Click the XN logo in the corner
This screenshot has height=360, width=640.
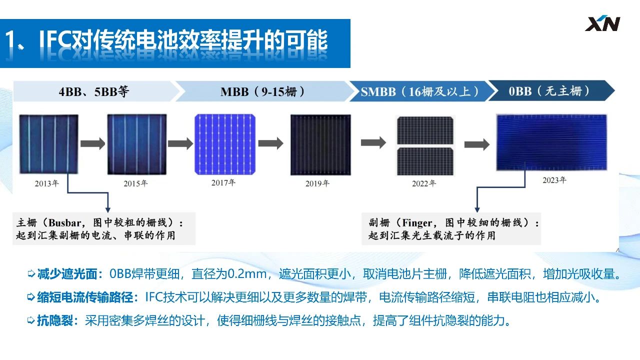point(602,23)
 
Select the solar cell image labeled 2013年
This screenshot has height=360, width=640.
point(48,144)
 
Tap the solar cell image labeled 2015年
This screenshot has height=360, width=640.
point(137,144)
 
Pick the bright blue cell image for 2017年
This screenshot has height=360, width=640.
point(225,144)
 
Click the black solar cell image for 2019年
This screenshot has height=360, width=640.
point(320,144)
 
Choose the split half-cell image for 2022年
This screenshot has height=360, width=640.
point(425,145)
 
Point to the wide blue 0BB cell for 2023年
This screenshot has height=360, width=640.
point(551,142)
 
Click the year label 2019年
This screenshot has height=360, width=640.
point(317,183)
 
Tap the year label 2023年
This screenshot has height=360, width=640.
point(554,180)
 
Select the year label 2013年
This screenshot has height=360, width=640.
point(47,183)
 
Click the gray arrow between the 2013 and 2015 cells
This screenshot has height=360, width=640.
point(92,143)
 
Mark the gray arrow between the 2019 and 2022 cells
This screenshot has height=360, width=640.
point(373,142)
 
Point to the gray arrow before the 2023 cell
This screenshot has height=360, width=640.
point(477,144)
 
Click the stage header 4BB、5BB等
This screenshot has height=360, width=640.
point(93,91)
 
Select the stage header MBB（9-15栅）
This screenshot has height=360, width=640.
point(262,91)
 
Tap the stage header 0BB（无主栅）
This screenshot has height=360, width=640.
point(549,91)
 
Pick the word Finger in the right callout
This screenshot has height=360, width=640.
point(417,222)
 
